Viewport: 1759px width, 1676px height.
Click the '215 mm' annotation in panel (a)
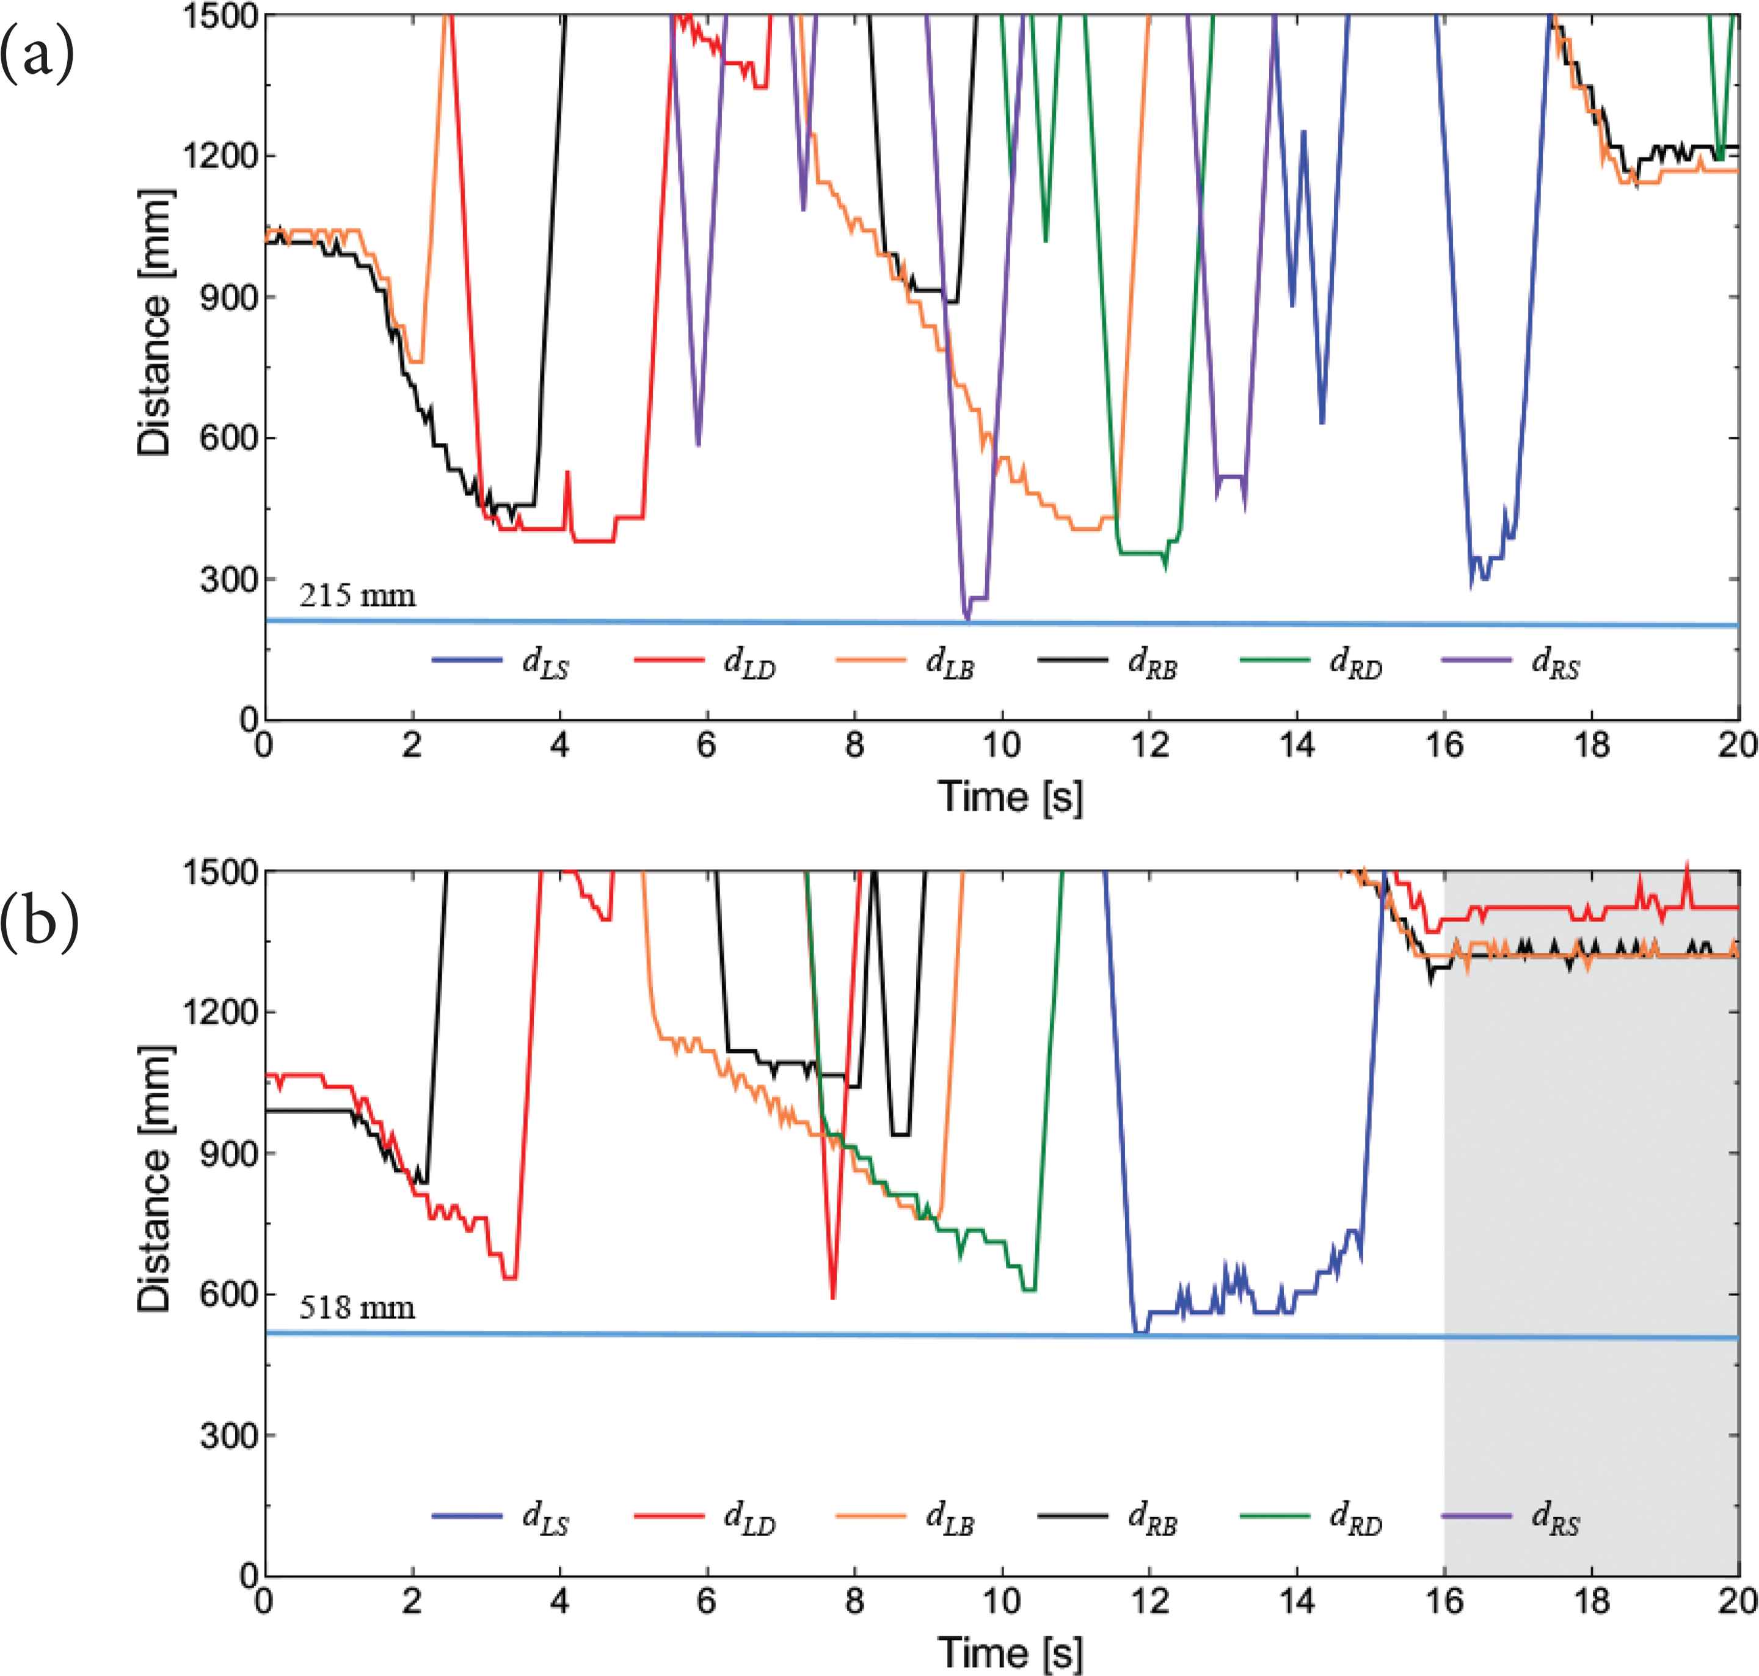coord(357,595)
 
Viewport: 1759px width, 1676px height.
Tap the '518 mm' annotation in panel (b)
coord(357,1308)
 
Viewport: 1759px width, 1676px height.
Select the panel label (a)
coord(37,56)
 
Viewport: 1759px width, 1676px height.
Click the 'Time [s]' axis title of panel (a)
coord(1010,795)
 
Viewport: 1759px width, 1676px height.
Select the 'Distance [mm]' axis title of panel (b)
coord(154,1179)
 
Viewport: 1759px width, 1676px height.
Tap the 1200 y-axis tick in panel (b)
coord(213,1012)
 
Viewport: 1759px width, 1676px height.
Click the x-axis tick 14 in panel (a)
coord(1297,744)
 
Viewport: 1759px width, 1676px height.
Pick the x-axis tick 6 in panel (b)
coord(707,1600)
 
